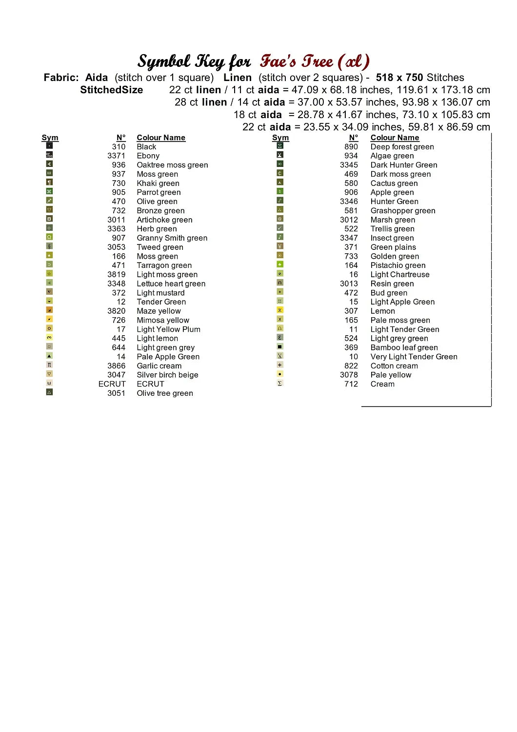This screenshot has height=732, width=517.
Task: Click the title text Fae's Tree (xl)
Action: (x=315, y=61)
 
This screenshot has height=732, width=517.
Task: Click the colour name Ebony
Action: (x=148, y=156)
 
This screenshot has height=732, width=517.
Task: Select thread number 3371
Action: (x=116, y=156)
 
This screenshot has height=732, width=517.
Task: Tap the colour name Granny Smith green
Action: (x=172, y=238)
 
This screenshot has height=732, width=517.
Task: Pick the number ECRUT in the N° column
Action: (x=112, y=384)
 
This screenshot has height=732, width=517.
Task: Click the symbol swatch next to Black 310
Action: (x=49, y=145)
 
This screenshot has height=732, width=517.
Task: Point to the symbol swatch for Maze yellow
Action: (x=49, y=310)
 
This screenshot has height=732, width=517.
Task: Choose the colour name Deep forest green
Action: (x=402, y=147)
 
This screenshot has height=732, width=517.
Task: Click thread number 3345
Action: (x=349, y=165)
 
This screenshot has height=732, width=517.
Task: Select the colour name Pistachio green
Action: (x=398, y=265)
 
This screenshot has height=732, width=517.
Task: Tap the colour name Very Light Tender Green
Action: (x=414, y=357)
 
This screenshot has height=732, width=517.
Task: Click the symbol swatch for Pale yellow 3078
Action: (x=280, y=374)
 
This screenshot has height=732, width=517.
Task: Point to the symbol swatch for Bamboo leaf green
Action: (x=280, y=346)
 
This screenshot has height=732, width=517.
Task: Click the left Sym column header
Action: (x=50, y=138)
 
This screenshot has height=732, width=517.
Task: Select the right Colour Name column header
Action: (x=395, y=138)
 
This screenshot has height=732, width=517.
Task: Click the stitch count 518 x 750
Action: (x=399, y=78)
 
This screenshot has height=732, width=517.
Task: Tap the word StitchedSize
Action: (x=111, y=90)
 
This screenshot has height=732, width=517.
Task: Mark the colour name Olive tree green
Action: (x=164, y=393)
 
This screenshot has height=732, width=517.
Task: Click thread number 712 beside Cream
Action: (x=351, y=384)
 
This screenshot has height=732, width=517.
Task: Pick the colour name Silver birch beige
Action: (x=167, y=375)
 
